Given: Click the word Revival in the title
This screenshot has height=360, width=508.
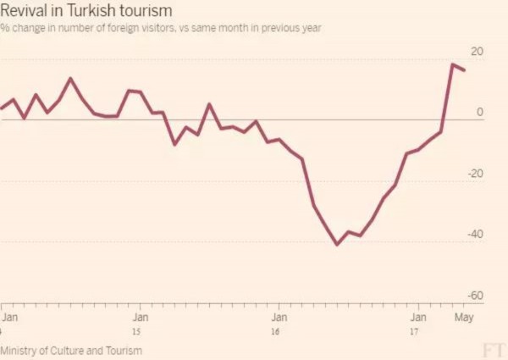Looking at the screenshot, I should click(25, 11).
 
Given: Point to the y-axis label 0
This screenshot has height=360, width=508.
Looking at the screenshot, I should click(480, 113).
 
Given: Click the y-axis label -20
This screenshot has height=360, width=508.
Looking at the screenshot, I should click(475, 174).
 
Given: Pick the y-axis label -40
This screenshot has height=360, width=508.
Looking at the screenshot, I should click(475, 235).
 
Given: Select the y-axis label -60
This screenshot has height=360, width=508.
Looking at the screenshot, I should click(475, 296).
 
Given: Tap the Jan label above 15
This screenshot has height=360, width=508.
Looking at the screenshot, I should click(141, 318).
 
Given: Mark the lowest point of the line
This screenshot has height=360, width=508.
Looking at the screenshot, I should click(337, 244).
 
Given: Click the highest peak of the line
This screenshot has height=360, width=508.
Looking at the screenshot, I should click(453, 64).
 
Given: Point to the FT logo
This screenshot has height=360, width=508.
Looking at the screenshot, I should click(492, 350).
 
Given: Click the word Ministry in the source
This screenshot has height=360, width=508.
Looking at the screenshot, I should click(19, 350).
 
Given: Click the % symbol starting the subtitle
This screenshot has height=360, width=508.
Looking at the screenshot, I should click(4, 28).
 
